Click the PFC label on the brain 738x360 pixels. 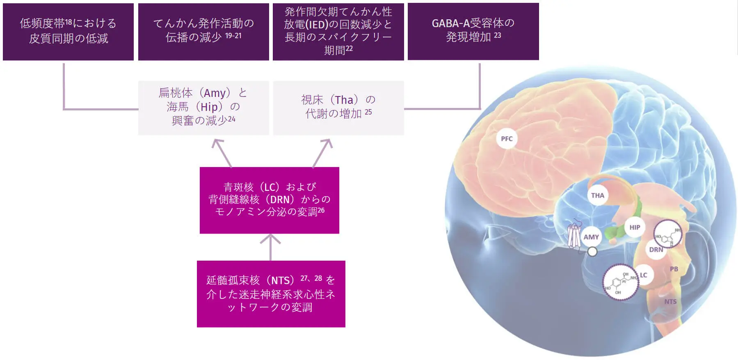(507, 139)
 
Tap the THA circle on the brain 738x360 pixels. (598, 195)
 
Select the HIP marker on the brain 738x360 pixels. (635, 227)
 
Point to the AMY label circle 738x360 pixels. (591, 237)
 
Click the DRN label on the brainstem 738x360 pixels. (656, 250)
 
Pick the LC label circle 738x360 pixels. (643, 275)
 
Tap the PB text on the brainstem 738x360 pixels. (674, 269)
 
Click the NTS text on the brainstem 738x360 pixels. (671, 302)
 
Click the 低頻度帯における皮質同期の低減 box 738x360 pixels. (68, 32)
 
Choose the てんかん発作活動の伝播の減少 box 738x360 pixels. (203, 32)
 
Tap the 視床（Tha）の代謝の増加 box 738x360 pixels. (338, 108)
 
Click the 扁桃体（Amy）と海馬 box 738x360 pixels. (203, 108)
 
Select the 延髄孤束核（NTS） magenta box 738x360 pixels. (271, 294)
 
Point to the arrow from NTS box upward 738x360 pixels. (270, 247)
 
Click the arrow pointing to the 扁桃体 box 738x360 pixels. (222, 153)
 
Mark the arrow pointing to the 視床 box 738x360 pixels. (322, 153)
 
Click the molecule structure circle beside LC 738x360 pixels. (621, 282)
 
